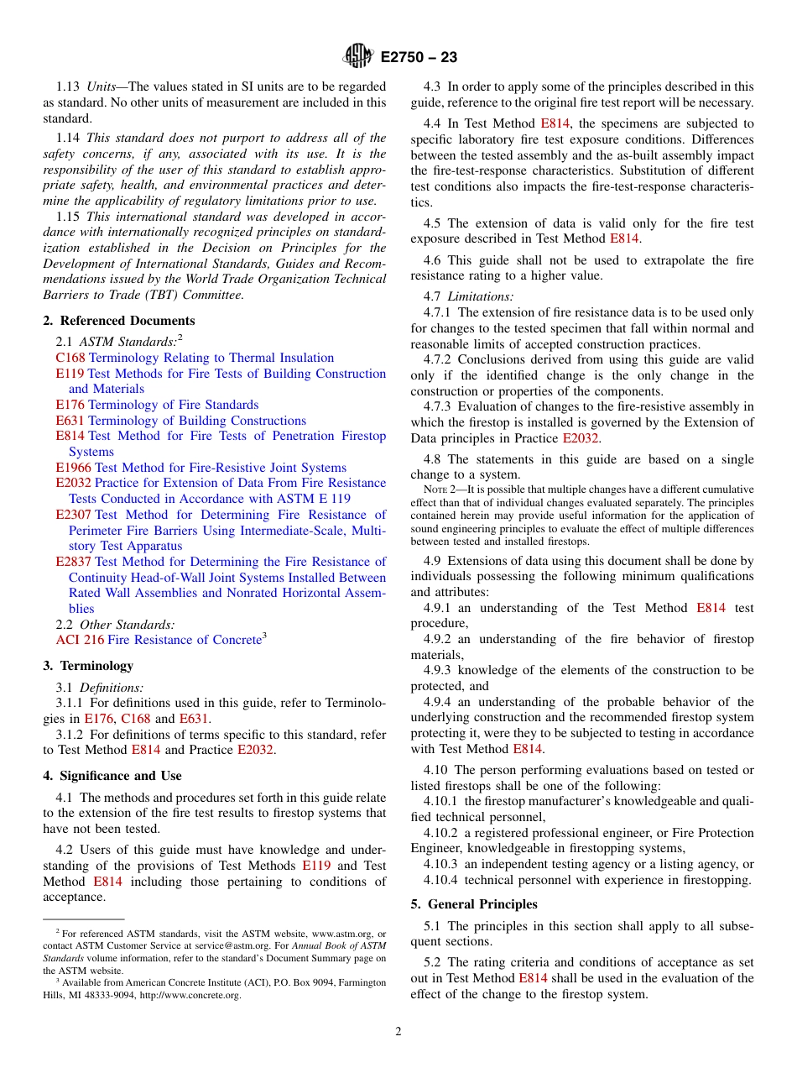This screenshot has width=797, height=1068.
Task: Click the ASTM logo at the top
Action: [358, 56]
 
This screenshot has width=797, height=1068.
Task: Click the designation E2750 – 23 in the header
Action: [419, 57]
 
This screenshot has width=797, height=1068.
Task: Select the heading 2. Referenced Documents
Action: [118, 321]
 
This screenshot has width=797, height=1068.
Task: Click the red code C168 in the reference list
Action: [70, 358]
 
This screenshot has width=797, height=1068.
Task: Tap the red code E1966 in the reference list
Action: [73, 468]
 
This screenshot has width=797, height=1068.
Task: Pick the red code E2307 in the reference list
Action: [73, 515]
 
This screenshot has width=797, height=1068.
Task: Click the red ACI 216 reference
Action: [80, 640]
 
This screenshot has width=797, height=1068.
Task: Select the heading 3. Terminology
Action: [88, 666]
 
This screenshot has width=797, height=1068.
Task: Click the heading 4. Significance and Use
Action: [112, 776]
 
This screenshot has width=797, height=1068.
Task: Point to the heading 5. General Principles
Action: [473, 904]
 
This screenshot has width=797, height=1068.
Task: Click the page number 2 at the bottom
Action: [398, 1032]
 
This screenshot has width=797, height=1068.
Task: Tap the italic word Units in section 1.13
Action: [102, 86]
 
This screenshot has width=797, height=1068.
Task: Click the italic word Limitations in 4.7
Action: [480, 296]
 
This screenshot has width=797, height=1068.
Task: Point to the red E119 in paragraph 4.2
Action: [316, 866]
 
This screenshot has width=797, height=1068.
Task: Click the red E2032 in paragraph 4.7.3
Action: [581, 438]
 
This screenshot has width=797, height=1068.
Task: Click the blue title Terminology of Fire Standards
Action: [174, 405]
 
